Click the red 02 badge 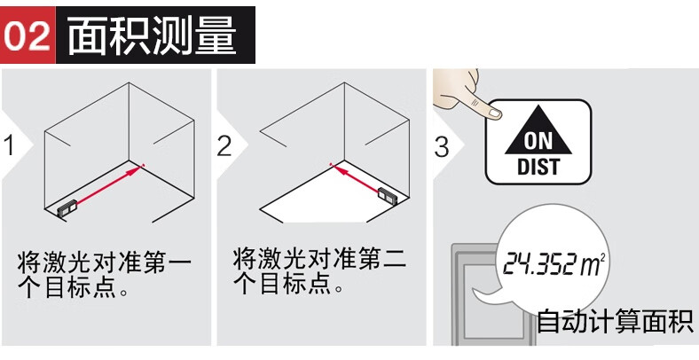[27, 35]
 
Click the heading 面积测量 [152, 36]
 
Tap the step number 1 [9, 145]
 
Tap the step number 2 [224, 145]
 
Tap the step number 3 [442, 147]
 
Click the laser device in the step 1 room [67, 208]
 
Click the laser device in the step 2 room [388, 196]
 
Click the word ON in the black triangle [538, 142]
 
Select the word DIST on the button [538, 167]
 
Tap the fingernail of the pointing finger [494, 114]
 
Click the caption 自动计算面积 [615, 321]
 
